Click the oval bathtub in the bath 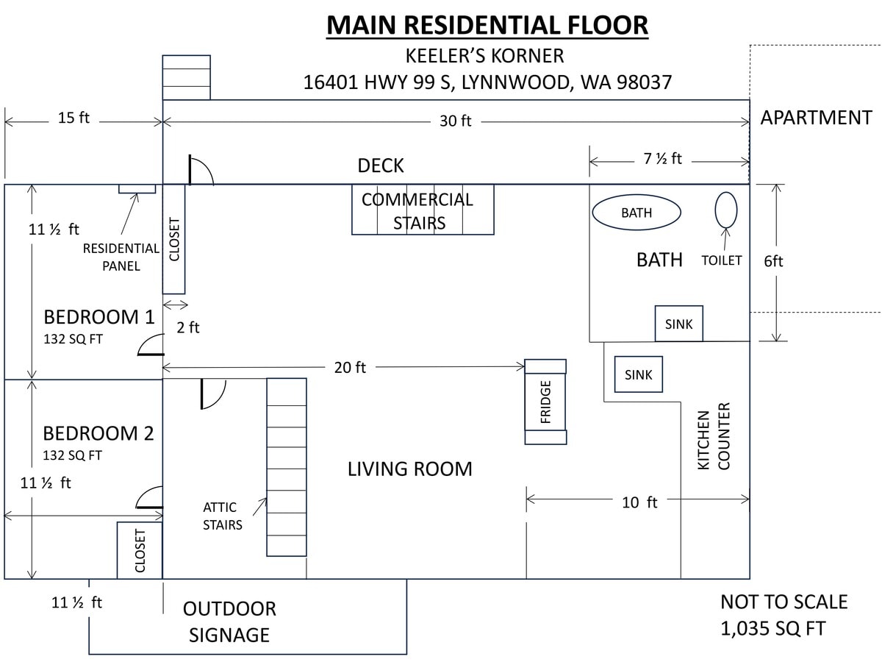(x=637, y=213)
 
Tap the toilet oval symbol (x=726, y=210)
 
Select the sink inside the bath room (x=678, y=324)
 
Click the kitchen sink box (x=638, y=374)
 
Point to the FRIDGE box (x=545, y=402)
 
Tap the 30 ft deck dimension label (x=456, y=121)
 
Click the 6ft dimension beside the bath (x=773, y=261)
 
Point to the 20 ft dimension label (x=350, y=367)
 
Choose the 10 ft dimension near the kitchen (x=639, y=502)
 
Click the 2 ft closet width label (x=188, y=328)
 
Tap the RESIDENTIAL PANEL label (x=121, y=257)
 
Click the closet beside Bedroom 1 (x=173, y=239)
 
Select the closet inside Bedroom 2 (x=140, y=550)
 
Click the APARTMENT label (x=816, y=118)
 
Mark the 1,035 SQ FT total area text (x=773, y=629)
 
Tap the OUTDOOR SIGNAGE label (x=229, y=622)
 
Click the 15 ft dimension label (x=73, y=118)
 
